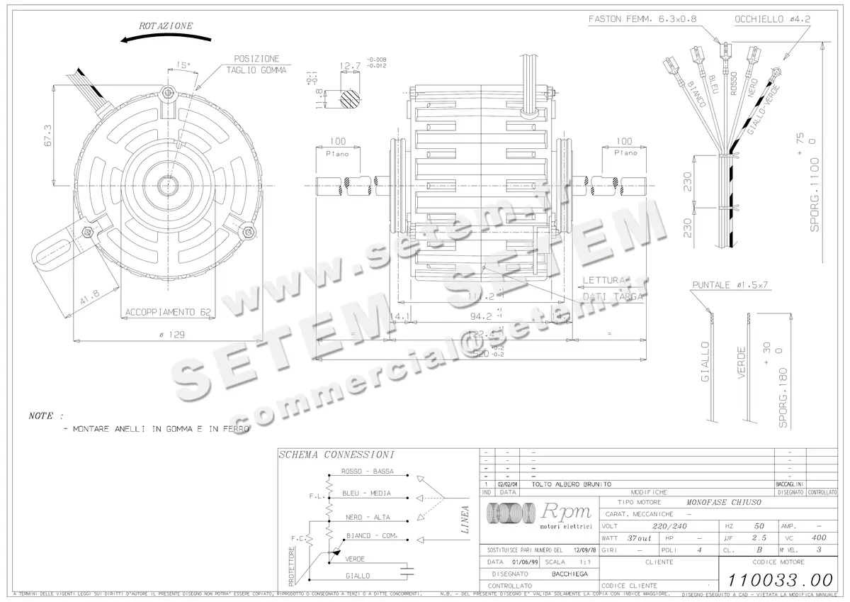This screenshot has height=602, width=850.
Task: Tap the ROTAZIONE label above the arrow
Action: tap(166, 26)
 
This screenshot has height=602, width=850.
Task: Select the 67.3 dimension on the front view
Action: tap(47, 137)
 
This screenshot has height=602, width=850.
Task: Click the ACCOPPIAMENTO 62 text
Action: tap(168, 312)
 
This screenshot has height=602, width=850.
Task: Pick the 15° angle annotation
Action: tap(183, 65)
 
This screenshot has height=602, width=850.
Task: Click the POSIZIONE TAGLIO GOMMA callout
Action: tap(256, 65)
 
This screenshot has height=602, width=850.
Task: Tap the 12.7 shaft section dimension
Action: tap(351, 65)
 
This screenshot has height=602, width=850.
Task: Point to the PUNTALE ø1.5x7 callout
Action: tap(730, 285)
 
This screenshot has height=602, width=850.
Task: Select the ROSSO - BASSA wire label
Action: tap(367, 472)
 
